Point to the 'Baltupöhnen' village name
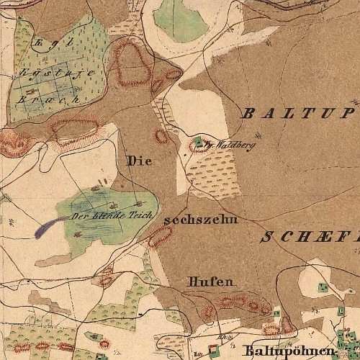pos(289,351)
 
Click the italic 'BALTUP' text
pos(297,113)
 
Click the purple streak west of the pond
pos(48,227)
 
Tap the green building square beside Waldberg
pos(198,140)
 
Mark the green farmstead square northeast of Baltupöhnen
pos(323,287)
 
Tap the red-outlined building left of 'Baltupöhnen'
pos(212,351)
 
